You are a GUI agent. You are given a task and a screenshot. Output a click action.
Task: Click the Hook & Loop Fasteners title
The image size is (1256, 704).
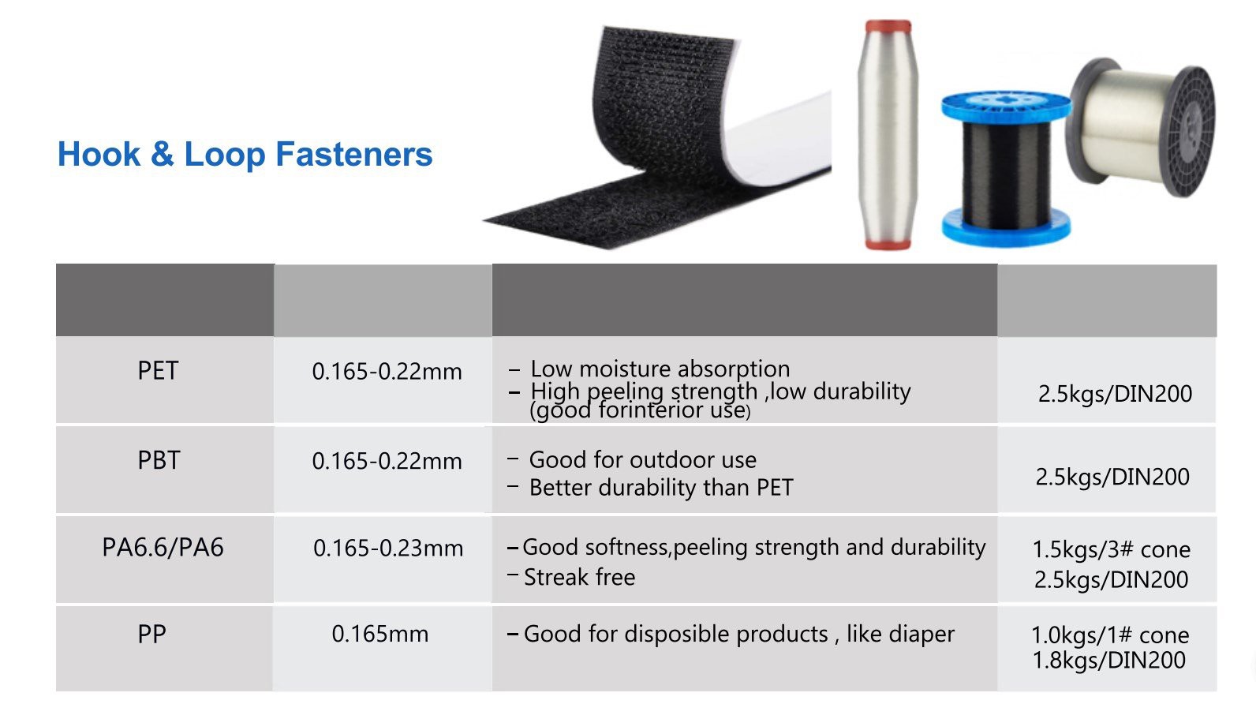pos(245,154)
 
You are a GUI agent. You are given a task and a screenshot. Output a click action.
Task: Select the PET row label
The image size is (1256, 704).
pos(158,371)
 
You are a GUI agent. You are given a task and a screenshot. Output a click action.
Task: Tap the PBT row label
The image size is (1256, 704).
pos(159,461)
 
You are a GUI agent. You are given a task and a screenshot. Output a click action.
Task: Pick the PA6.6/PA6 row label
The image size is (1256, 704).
pos(163,547)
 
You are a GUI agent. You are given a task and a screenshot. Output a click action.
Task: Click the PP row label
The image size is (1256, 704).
pos(152,635)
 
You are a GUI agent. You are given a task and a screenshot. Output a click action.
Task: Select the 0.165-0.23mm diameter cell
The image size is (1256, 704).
pos(388,548)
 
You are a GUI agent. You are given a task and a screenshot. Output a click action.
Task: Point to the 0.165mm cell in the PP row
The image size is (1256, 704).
pos(379,634)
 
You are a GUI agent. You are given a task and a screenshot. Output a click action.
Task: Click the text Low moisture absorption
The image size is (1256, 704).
pos(660,369)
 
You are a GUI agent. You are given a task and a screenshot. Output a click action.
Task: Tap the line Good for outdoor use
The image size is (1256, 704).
pos(642,460)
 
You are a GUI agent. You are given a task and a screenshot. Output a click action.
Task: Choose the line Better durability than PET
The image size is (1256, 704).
pos(661,488)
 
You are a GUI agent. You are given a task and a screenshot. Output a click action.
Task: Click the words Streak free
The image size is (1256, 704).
pos(579,577)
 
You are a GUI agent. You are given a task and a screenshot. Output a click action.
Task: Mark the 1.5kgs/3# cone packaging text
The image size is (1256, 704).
pos(1112,549)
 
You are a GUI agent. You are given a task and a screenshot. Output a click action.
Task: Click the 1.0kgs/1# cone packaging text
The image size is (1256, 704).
pos(1110,635)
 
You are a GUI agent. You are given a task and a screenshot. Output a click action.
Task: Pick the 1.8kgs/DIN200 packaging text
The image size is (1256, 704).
pos(1109,661)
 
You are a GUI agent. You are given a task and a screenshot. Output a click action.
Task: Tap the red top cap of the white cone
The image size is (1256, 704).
pos(888,26)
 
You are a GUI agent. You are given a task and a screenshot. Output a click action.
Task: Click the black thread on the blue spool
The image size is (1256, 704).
pos(1006,174)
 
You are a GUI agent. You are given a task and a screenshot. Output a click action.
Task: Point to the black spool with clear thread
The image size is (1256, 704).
pos(1141,128)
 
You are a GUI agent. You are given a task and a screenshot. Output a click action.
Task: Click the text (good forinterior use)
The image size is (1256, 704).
pos(640,410)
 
